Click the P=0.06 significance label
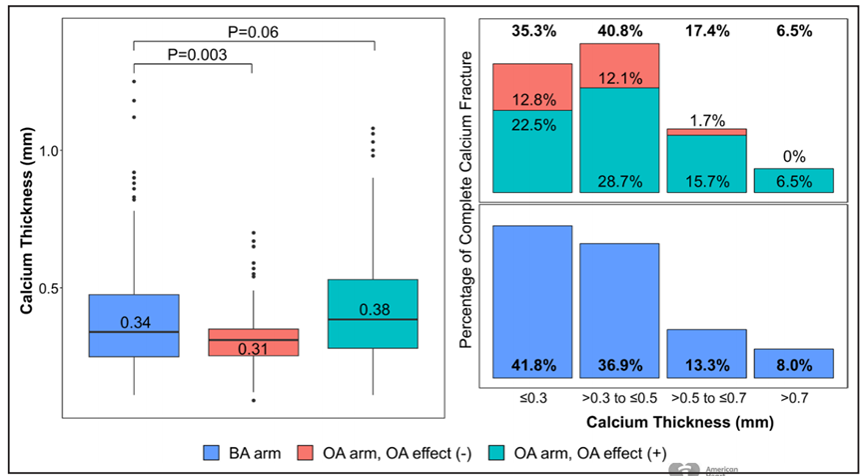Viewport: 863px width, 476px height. [251, 31]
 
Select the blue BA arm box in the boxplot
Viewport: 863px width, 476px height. [134, 325]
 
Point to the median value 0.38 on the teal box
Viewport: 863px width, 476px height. [373, 309]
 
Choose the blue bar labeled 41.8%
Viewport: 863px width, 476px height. [532, 300]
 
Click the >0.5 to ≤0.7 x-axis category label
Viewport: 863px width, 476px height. [706, 399]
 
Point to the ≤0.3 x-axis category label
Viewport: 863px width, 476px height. [532, 399]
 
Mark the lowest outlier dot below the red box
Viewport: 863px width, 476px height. [253, 400]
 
